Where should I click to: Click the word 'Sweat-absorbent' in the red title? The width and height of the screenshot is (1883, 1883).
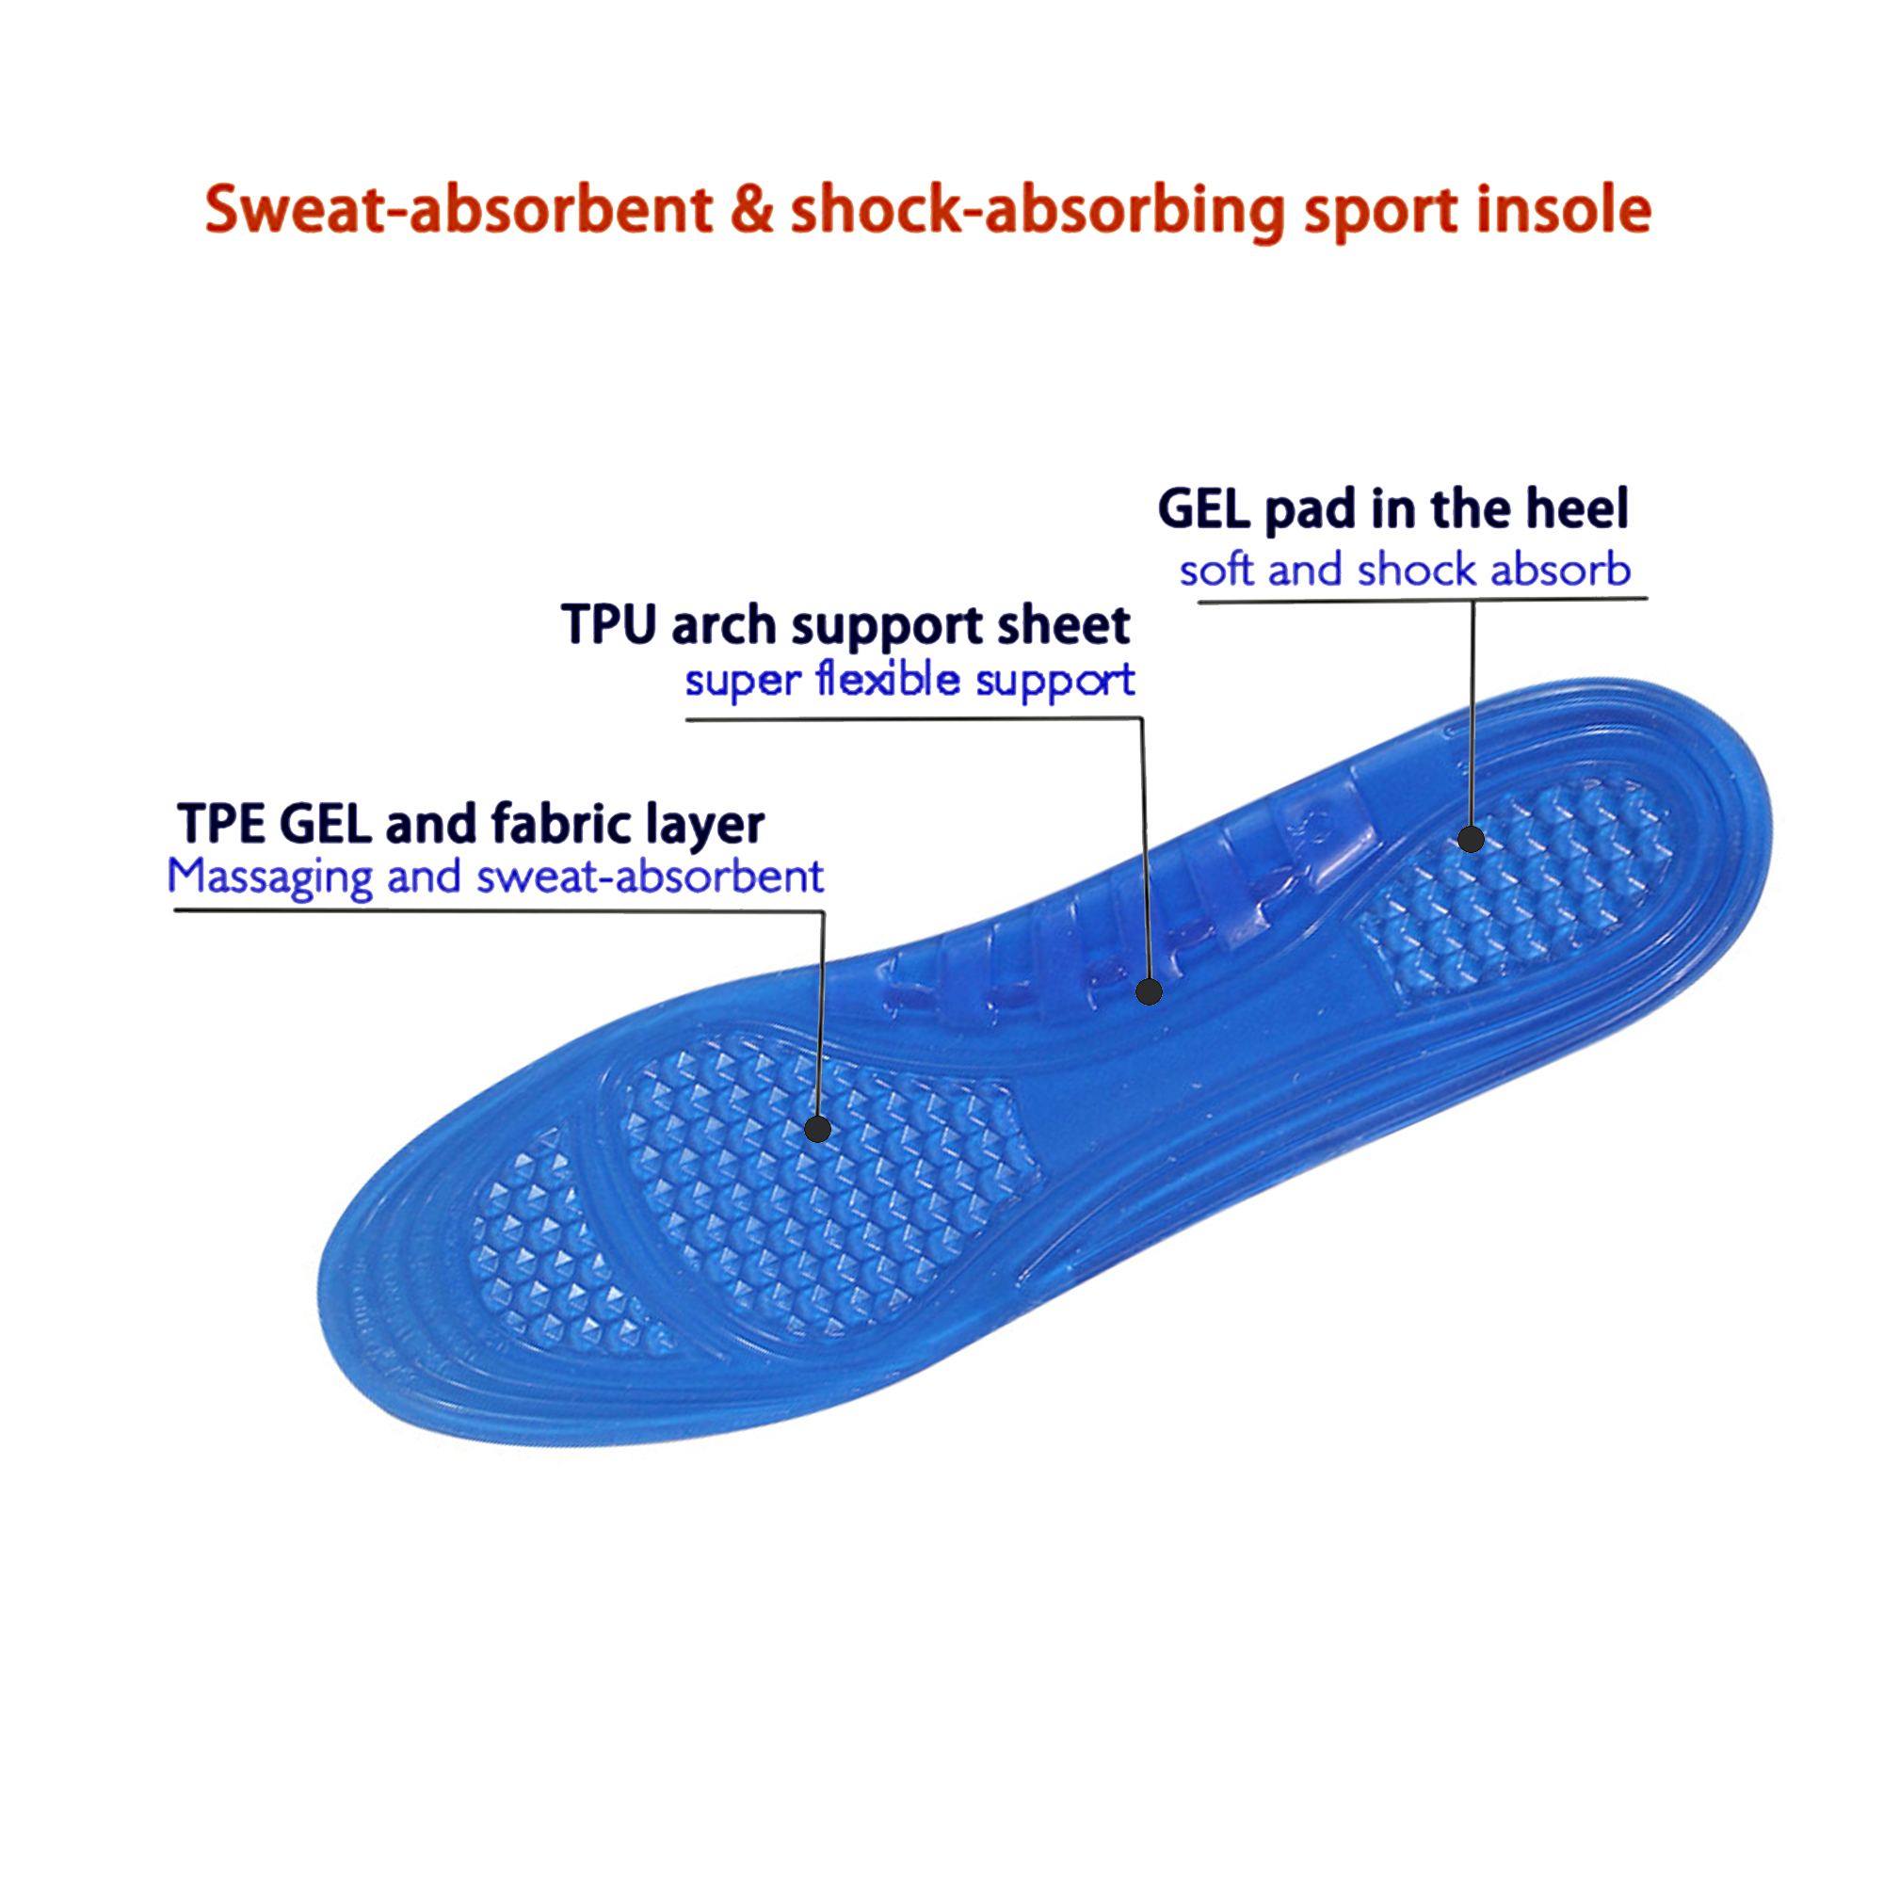[459, 210]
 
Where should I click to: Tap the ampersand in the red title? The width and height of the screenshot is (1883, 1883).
[751, 210]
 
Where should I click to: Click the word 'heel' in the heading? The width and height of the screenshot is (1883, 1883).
[1576, 508]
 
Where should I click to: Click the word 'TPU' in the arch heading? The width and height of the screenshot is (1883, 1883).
[609, 625]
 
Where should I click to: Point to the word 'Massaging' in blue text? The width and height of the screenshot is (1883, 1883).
[270, 877]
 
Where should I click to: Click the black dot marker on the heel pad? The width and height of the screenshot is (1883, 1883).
[1471, 838]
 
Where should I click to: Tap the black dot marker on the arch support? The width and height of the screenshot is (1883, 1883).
[1149, 992]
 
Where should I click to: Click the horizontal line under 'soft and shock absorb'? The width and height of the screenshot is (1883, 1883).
[1364, 602]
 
